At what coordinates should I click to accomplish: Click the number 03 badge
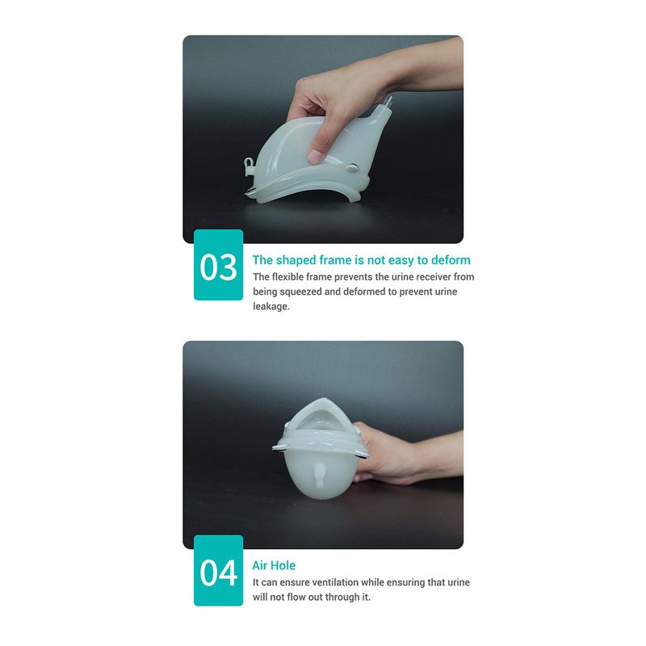click(218, 265)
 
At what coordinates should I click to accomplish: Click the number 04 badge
click(218, 571)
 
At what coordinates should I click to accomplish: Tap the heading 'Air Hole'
click(274, 565)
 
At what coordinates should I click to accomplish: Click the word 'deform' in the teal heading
click(451, 260)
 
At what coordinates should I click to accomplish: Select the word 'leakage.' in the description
click(271, 307)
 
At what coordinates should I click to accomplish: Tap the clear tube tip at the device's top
click(388, 102)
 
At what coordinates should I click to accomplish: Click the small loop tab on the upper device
click(250, 166)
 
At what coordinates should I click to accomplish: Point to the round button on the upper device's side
click(353, 168)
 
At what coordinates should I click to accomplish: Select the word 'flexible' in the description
click(287, 277)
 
